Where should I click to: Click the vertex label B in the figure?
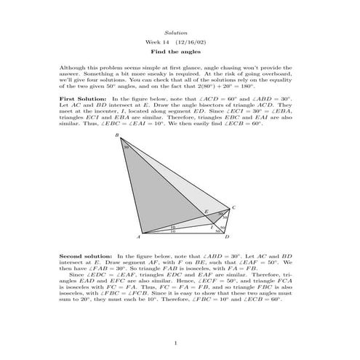pos(119,136)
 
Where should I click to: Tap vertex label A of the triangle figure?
pos(139,238)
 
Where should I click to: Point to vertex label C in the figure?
pos(233,207)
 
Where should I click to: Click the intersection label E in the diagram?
pos(206,212)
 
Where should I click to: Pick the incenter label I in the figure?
pos(211,226)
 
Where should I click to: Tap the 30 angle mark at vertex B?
pos(126,147)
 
